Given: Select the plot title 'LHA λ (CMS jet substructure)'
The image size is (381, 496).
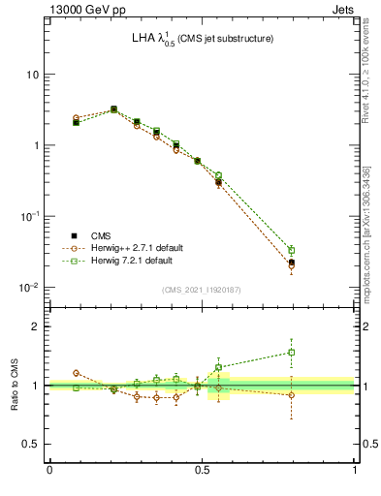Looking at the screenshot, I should pyautogui.click(x=203, y=39).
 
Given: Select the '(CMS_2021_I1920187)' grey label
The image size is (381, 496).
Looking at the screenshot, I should pyautogui.click(x=202, y=290).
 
